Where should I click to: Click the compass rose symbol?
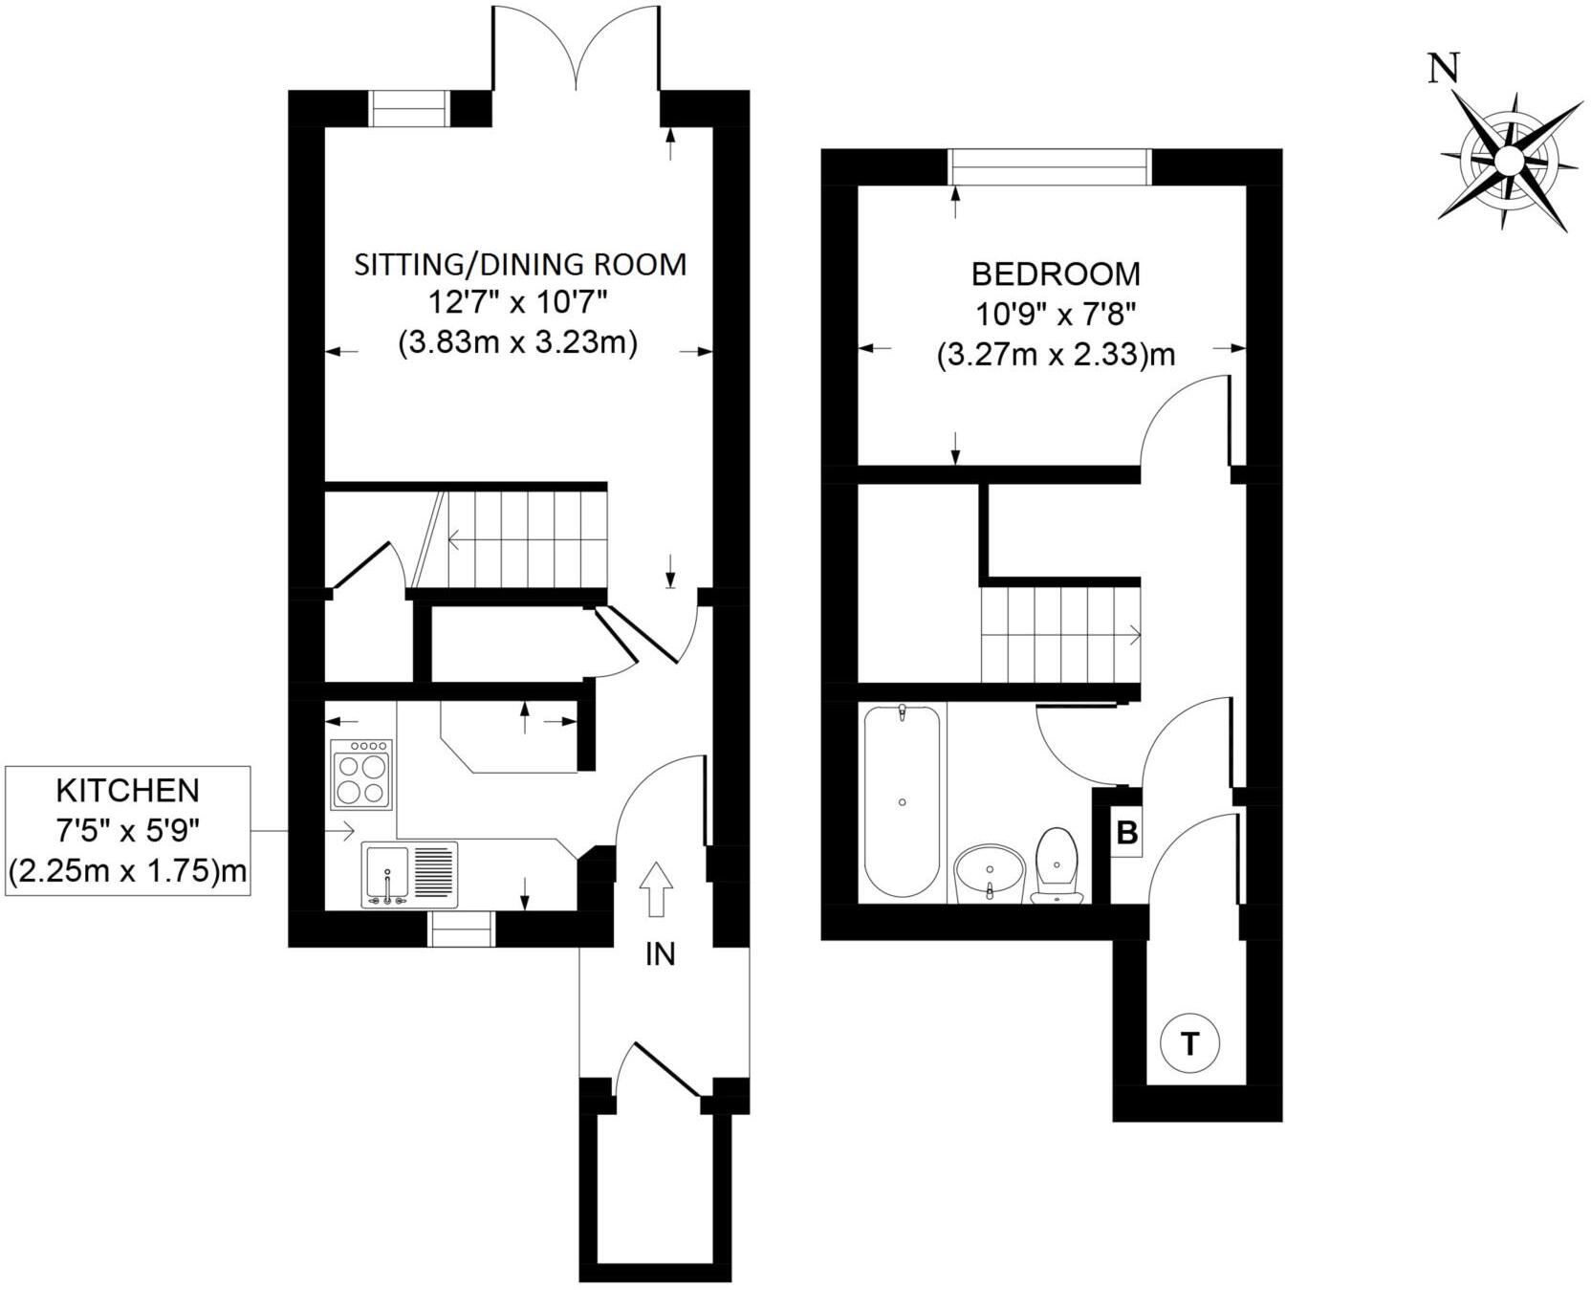tap(1508, 161)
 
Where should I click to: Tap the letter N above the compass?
tap(1444, 70)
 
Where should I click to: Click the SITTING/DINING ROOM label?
tap(520, 264)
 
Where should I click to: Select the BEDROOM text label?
tap(1056, 274)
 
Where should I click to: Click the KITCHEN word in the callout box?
tap(128, 791)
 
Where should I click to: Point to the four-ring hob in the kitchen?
tap(360, 774)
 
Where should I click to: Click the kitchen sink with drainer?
tap(409, 874)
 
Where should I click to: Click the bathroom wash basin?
tap(989, 871)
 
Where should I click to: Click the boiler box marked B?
tap(1127, 832)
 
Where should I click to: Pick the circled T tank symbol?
tap(1189, 1043)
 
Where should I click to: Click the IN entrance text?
tap(660, 953)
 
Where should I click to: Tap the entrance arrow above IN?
tap(656, 888)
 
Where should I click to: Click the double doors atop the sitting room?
tap(577, 48)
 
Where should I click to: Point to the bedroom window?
tap(1050, 166)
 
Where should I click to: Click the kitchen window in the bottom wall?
tap(462, 929)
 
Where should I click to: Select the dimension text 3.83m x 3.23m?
tap(517, 342)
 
